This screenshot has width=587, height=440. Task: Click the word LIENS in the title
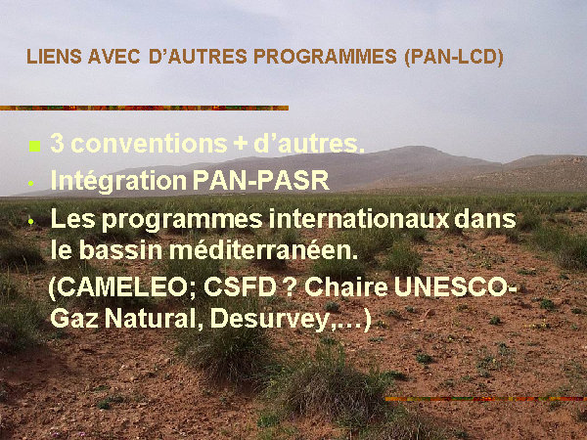[54, 57]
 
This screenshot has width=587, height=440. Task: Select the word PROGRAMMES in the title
[325, 57]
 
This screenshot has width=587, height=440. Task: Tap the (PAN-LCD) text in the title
[454, 58]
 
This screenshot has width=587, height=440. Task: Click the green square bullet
[34, 146]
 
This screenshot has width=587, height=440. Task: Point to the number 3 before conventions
[57, 144]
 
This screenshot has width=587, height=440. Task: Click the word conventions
[149, 144]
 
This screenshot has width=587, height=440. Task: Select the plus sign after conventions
[240, 145]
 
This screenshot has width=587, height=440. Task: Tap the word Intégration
[118, 181]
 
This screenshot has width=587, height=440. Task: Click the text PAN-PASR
[261, 180]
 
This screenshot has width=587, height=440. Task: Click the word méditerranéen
[263, 250]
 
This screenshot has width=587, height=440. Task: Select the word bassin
[121, 250]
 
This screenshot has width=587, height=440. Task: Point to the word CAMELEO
[124, 287]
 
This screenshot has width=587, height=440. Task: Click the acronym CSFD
[240, 287]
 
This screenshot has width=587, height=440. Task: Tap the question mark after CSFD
[291, 287]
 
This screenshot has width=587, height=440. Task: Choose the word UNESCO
[452, 287]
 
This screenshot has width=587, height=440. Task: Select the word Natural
[154, 319]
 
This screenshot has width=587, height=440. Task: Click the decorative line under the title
[144, 108]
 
